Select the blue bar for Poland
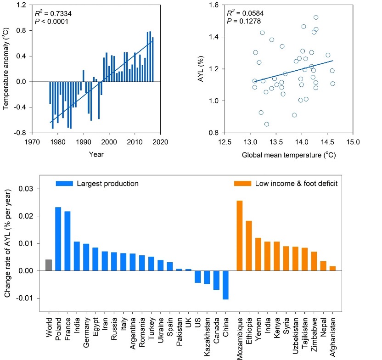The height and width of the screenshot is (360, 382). [58, 239]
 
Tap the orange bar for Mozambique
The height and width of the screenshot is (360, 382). [239, 236]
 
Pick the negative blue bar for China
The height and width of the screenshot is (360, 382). [225, 285]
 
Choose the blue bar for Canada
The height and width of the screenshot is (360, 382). [216, 280]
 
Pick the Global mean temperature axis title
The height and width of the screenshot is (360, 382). [288, 155]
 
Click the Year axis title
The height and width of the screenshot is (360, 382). [96, 154]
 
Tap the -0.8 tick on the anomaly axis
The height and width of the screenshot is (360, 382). [38, 134]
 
